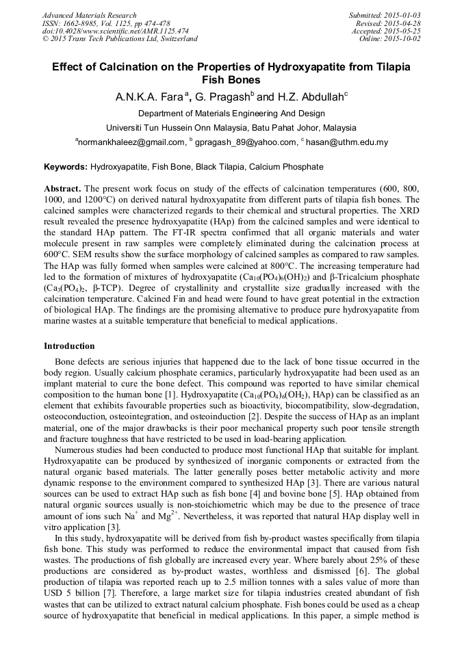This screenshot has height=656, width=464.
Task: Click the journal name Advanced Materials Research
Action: (x=89, y=15)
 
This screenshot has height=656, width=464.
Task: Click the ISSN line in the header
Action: (x=106, y=23)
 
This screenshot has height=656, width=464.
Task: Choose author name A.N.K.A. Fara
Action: (x=146, y=97)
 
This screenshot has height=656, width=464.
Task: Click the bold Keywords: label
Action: (x=66, y=167)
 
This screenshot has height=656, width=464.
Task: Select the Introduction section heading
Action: (x=69, y=346)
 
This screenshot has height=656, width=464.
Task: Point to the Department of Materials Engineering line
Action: (x=231, y=114)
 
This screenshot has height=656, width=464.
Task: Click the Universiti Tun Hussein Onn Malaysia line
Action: (x=231, y=128)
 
